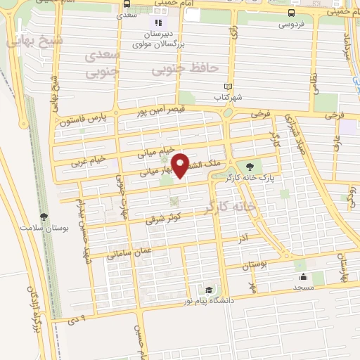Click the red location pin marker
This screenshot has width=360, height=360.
coord(181,165)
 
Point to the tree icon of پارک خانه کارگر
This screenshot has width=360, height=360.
coord(249,167)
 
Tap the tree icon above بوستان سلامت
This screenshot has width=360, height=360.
coord(44,217)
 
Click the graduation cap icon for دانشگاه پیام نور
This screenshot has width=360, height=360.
coord(209,290)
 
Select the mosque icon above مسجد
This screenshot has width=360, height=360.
coord(302,276)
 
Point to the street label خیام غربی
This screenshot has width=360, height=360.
coord(88,161)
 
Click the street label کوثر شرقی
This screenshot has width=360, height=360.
coord(164,219)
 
